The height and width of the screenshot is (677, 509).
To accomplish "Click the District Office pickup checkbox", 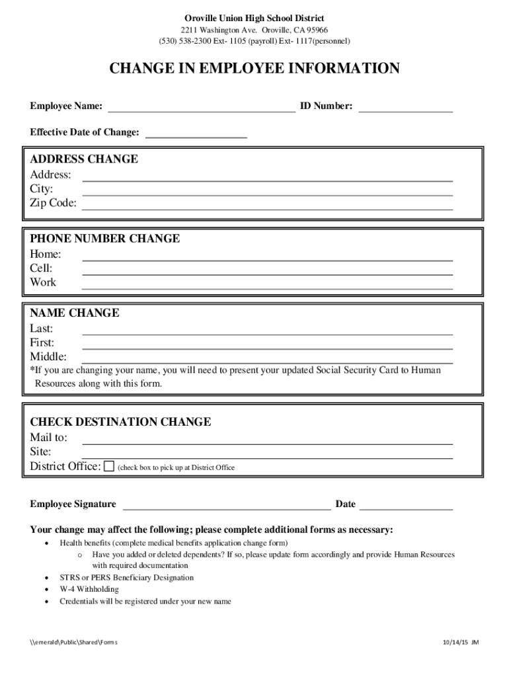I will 109,466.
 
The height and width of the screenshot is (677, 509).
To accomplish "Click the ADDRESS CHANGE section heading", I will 84,159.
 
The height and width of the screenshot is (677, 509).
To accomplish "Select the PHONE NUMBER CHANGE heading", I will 104,239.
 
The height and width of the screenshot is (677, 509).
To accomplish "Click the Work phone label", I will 43,282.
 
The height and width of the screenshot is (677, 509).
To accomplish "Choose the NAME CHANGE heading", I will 75,313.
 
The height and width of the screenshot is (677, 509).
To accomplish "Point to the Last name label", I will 42,329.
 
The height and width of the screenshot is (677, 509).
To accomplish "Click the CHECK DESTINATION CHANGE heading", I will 120,422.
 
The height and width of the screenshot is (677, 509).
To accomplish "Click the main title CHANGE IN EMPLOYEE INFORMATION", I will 255,69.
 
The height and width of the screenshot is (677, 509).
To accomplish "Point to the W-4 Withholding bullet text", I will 89,589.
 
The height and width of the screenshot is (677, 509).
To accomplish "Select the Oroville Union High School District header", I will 255,18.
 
